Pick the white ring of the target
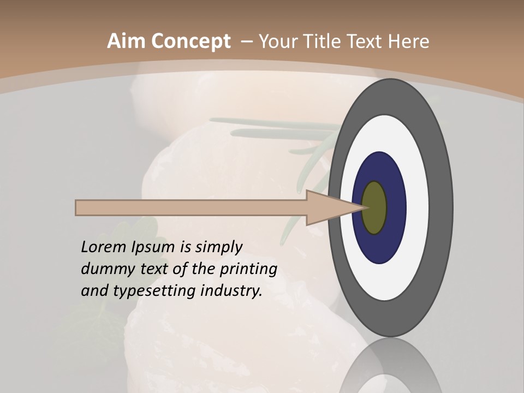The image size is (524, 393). pos(418,208)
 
